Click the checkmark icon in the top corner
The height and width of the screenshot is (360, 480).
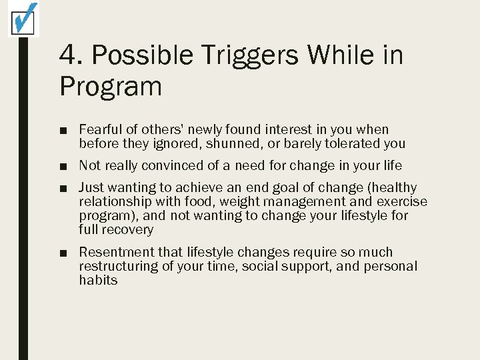[23, 19]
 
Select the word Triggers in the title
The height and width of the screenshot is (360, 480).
[248, 55]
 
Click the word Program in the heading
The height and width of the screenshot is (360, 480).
[111, 86]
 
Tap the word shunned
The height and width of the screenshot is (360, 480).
[232, 143]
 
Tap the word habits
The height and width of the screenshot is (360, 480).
[98, 281]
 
